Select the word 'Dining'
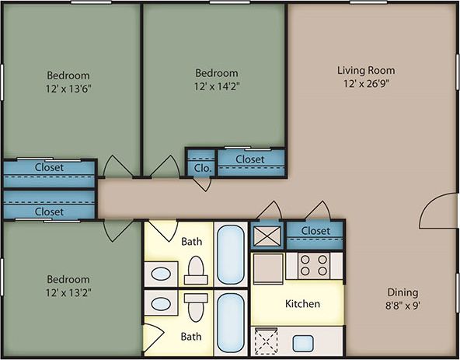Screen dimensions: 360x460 point(402,293)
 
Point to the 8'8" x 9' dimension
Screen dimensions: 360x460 point(402,306)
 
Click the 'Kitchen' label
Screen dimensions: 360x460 point(302,303)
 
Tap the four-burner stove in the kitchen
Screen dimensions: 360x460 point(315,266)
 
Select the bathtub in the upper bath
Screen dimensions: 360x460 point(229,254)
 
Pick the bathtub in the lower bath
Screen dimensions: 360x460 point(229,323)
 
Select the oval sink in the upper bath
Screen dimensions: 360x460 point(162,274)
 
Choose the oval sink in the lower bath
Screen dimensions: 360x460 point(162,304)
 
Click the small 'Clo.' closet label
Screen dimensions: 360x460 point(203,167)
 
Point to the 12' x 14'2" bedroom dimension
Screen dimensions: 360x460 point(216,86)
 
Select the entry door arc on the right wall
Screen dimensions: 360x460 point(434,211)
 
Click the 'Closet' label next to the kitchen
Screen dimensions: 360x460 point(315,231)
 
